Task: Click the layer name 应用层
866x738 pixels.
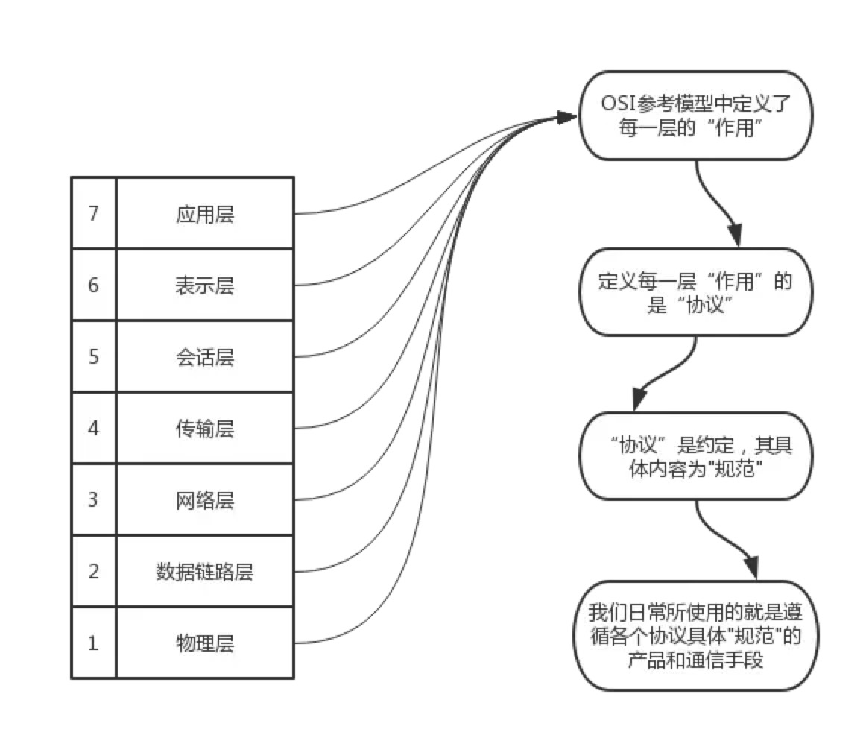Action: point(205,215)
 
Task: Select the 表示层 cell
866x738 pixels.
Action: point(205,286)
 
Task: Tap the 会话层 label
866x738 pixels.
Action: point(205,357)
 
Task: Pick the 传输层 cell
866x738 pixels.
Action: point(205,429)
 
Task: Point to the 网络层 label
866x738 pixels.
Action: point(205,499)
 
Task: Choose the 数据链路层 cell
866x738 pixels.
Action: point(205,572)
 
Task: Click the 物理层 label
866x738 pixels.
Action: point(205,643)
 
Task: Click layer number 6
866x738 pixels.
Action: point(93,286)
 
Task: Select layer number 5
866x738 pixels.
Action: point(93,357)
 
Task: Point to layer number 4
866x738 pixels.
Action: point(93,429)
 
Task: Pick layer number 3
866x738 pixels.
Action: point(93,499)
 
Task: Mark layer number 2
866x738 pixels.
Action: point(93,572)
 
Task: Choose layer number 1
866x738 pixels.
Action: point(93,643)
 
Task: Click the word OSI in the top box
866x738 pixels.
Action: point(618,104)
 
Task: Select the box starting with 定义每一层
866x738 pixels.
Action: point(695,293)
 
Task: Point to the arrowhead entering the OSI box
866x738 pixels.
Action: point(568,117)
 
